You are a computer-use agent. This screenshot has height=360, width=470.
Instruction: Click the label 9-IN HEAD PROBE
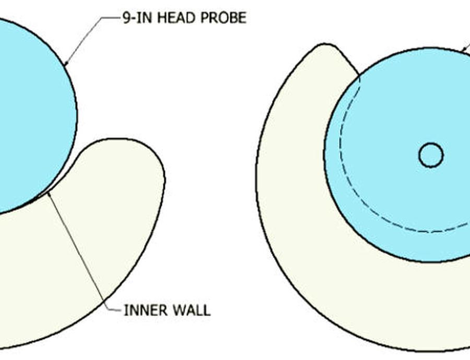[183, 18]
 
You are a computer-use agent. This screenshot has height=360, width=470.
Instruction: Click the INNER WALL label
[167, 310]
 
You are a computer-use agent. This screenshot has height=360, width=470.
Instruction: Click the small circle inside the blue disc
[431, 155]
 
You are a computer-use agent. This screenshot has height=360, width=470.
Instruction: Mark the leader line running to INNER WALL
[78, 250]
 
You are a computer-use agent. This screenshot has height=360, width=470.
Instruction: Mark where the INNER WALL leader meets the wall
[49, 193]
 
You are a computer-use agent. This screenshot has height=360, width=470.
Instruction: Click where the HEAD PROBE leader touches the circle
[65, 65]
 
